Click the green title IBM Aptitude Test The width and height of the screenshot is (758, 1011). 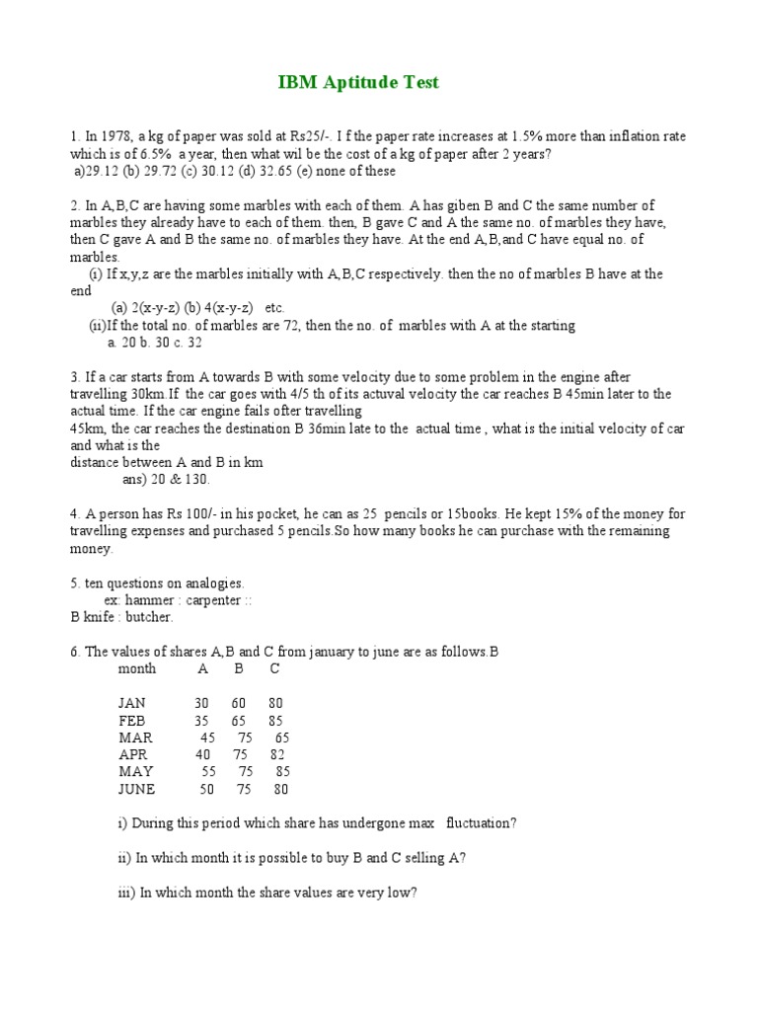[x=358, y=83]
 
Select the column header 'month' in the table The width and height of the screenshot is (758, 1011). [x=137, y=668]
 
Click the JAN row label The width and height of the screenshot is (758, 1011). [x=132, y=703]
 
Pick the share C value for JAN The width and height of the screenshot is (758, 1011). [x=275, y=703]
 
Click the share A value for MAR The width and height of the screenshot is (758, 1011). [x=207, y=738]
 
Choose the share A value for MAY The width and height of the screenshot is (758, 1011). [x=208, y=771]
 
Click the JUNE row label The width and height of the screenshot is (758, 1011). [x=137, y=789]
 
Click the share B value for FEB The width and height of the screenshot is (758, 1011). [x=239, y=721]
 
